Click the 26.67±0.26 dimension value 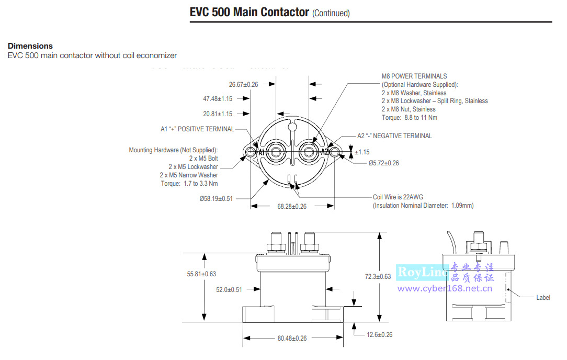tap(243, 84)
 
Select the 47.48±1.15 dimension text tap(218, 98)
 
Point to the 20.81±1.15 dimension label tap(218, 114)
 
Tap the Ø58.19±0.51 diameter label tap(216, 199)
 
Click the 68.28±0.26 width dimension tap(292, 207)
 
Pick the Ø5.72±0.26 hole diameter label tap(383, 163)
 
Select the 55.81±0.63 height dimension tap(201, 274)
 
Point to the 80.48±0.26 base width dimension tap(292, 338)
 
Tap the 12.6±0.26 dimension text tap(380, 334)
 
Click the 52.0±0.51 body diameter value tap(229, 290)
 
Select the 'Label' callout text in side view tap(543, 298)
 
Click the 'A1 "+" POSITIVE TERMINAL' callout tap(197, 129)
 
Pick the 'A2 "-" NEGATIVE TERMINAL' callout tap(394, 136)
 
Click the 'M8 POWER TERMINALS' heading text tap(414, 76)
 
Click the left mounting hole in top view tap(249, 152)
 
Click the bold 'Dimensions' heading tap(30, 46)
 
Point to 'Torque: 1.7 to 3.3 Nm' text tap(189, 184)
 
